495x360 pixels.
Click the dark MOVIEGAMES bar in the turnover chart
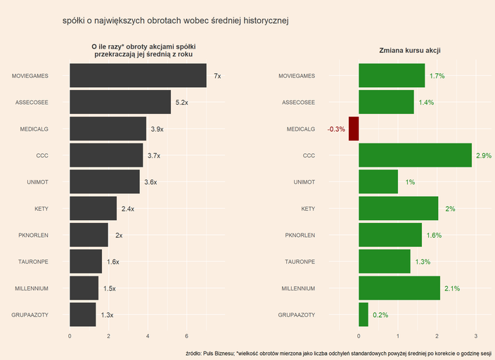(x=138, y=76)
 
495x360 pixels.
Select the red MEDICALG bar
(x=354, y=129)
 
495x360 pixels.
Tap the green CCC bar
(x=415, y=155)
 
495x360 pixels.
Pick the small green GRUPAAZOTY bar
(x=364, y=314)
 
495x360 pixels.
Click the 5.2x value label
(x=181, y=103)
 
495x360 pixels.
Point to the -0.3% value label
(x=336, y=129)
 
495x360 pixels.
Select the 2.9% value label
(x=483, y=155)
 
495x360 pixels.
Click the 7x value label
(x=217, y=76)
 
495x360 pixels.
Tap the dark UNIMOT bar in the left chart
(x=105, y=182)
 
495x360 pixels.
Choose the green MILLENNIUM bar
(x=399, y=288)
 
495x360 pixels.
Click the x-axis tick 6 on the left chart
(x=187, y=335)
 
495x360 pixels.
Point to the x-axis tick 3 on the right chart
(x=476, y=335)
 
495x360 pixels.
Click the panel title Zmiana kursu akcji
(x=410, y=51)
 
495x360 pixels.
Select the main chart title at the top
(x=175, y=21)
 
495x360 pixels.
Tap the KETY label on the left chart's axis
(x=41, y=209)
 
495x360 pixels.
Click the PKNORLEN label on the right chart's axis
(x=297, y=236)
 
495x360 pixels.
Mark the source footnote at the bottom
(x=338, y=352)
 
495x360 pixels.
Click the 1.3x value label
(x=107, y=315)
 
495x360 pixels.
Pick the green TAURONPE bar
(x=385, y=262)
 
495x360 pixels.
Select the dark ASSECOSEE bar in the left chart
(x=120, y=103)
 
